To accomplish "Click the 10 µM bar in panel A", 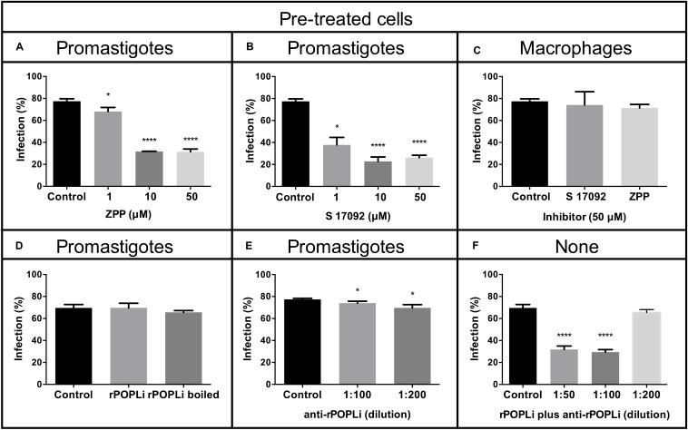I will tap(149, 164).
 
